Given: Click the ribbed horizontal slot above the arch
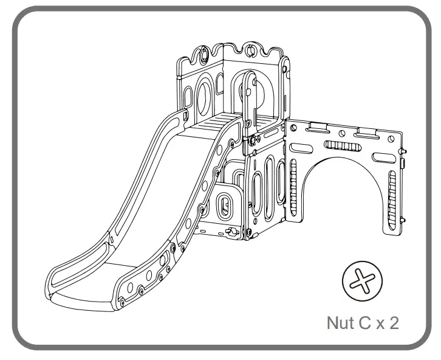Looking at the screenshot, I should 343,145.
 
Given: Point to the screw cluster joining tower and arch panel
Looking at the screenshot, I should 254,141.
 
